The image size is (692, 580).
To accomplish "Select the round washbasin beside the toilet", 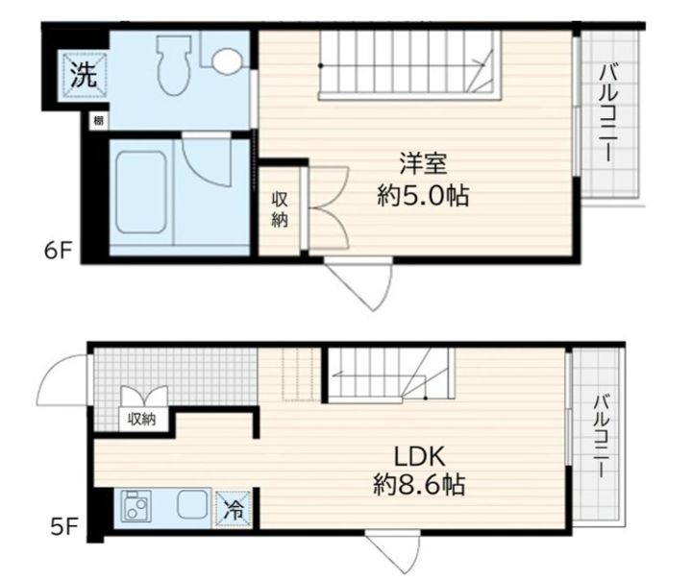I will click(228, 62).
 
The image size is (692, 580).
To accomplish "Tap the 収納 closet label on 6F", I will click(280, 209).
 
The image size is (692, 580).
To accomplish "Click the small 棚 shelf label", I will click(98, 121).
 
